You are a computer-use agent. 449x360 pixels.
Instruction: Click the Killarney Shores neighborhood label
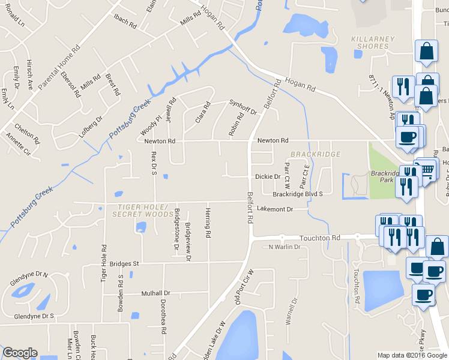pyautogui.click(x=373, y=43)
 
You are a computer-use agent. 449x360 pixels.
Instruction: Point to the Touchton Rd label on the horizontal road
pyautogui.click(x=324, y=238)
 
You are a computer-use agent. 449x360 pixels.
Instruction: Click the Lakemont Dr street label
pyautogui.click(x=274, y=209)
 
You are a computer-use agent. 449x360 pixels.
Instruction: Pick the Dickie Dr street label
pyautogui.click(x=268, y=176)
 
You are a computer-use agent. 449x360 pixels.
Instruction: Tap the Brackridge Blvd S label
pyautogui.click(x=298, y=194)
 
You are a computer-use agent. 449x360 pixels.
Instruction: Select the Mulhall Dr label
pyautogui.click(x=155, y=293)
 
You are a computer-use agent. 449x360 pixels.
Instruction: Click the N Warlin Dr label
pyautogui.click(x=284, y=247)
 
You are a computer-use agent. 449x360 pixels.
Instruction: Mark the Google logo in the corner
pyautogui.click(x=20, y=353)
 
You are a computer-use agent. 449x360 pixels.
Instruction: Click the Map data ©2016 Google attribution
pyautogui.click(x=412, y=355)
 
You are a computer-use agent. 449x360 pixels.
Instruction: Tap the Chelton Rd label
pyautogui.click(x=27, y=133)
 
